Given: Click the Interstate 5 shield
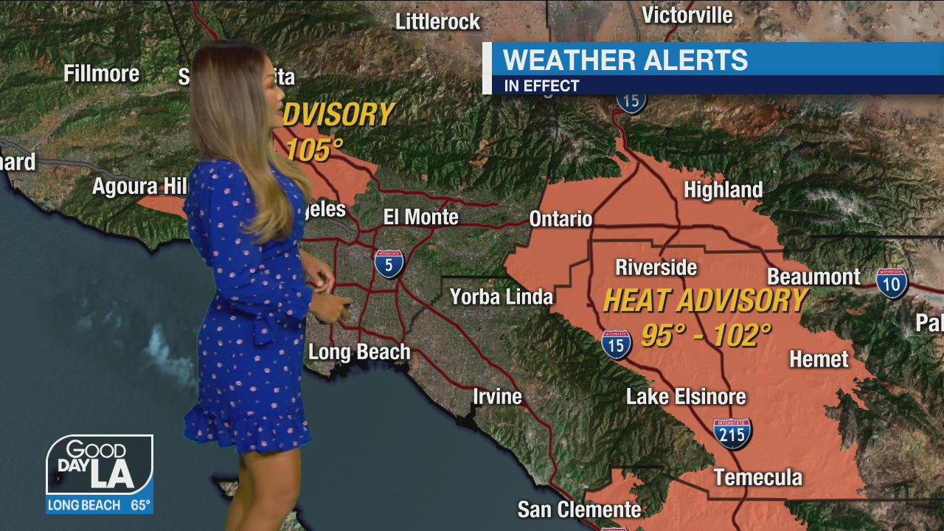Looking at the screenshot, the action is [x=389, y=263].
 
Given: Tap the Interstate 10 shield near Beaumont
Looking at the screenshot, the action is [x=892, y=283].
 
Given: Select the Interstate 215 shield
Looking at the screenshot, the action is [x=732, y=434].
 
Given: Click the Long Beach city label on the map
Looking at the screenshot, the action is [x=358, y=352].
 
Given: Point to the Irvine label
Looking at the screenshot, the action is [x=497, y=397].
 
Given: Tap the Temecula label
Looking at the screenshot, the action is [x=757, y=477].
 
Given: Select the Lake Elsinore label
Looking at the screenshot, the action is [x=686, y=397].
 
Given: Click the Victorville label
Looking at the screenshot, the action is [x=687, y=15].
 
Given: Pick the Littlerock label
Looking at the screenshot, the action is [x=437, y=22].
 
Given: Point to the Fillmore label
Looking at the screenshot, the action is [x=101, y=74].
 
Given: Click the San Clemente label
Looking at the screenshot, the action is [x=579, y=509].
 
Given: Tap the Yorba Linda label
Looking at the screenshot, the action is [x=502, y=296].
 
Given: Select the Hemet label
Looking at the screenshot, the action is [x=819, y=359].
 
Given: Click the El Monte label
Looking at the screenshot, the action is [x=420, y=217].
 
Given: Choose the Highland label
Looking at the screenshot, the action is [x=723, y=190].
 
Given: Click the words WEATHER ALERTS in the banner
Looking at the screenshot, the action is [x=625, y=60].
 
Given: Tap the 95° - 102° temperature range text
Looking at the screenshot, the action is [x=706, y=336].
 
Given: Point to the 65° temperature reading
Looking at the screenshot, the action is [x=140, y=506].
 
